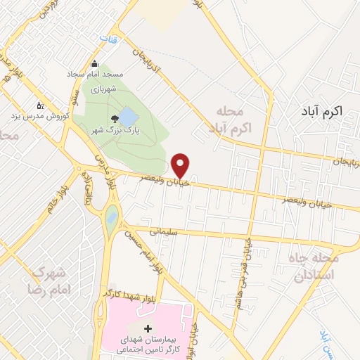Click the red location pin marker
coord(181,165)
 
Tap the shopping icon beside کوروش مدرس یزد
coord(40,105)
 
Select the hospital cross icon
coord(148,328)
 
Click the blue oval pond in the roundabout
coord(111,219)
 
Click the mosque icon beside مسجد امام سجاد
coord(94,63)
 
